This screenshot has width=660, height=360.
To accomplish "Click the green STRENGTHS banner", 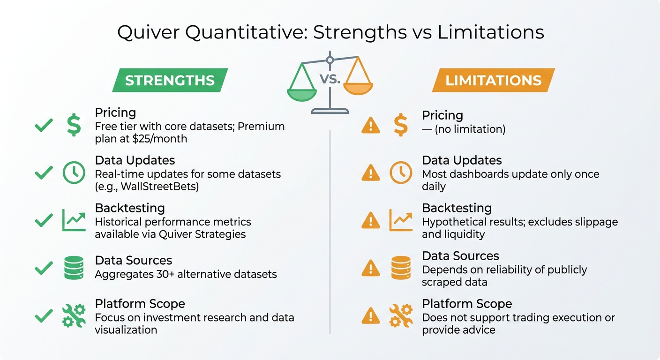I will pyautogui.click(x=170, y=80).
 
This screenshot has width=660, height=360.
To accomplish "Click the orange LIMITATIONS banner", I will pyautogui.click(x=493, y=80).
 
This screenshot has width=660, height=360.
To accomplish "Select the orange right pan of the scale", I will pyautogui.click(x=358, y=87).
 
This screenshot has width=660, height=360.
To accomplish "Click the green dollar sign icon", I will pyautogui.click(x=74, y=125).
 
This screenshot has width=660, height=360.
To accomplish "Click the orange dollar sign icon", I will pyautogui.click(x=400, y=126).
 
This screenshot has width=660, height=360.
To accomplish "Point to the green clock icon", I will pyautogui.click(x=74, y=173).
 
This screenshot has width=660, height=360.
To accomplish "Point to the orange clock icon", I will pyautogui.click(x=401, y=173).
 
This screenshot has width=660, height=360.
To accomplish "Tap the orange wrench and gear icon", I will pyautogui.click(x=401, y=315).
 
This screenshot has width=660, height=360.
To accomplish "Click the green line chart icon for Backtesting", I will pyautogui.click(x=74, y=220).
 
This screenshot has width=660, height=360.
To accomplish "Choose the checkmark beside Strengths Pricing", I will pyautogui.click(x=44, y=125).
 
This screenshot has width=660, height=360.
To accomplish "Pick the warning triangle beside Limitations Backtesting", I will pyautogui.click(x=371, y=220).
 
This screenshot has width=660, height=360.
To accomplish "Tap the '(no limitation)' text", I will pyautogui.click(x=470, y=129).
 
